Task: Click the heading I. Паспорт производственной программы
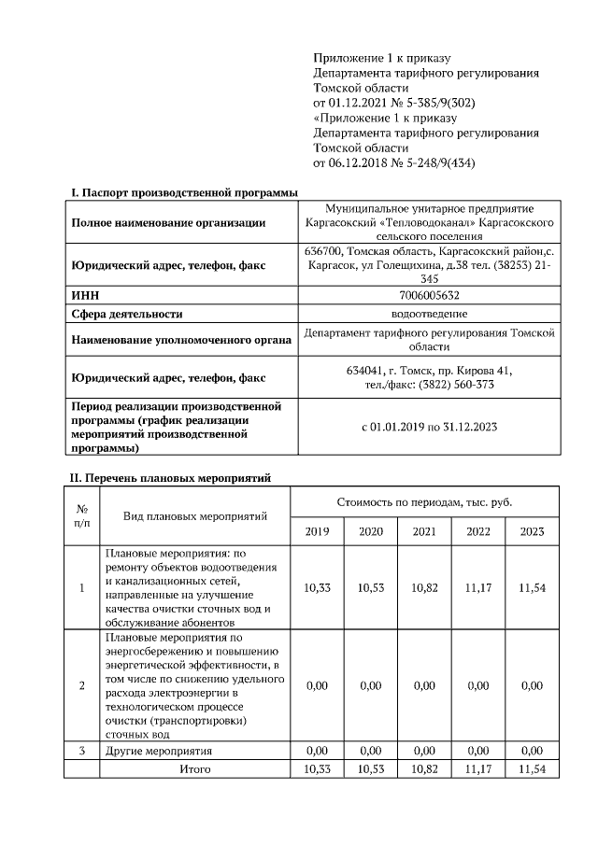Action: tap(184, 192)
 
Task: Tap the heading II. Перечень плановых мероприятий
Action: tap(171, 478)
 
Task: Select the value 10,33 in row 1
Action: tap(318, 587)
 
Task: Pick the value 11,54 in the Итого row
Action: tap(532, 768)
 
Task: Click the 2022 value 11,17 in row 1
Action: tap(477, 587)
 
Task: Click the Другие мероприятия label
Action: tap(159, 750)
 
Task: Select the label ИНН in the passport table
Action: tap(85, 295)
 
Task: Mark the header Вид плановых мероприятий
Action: tap(195, 515)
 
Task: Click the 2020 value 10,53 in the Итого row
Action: tap(371, 768)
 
